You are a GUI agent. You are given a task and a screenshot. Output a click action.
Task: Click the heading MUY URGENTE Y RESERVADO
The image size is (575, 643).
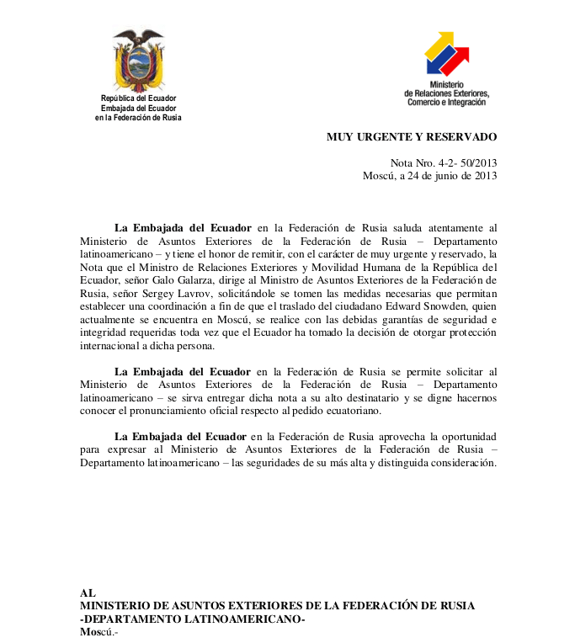(x=412, y=136)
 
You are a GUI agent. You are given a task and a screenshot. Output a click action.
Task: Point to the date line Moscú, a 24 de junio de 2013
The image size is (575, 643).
(x=429, y=176)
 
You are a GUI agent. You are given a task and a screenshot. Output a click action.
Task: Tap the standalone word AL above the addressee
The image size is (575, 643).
(x=88, y=593)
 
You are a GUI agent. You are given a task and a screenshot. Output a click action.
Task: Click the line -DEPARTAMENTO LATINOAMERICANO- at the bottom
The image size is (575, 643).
(x=192, y=619)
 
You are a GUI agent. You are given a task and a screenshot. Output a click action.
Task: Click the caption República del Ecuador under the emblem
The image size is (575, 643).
(x=138, y=99)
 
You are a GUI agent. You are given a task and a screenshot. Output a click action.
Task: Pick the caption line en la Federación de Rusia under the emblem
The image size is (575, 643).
(x=138, y=118)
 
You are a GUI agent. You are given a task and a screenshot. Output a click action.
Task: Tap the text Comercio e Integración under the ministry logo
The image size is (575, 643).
(x=446, y=103)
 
